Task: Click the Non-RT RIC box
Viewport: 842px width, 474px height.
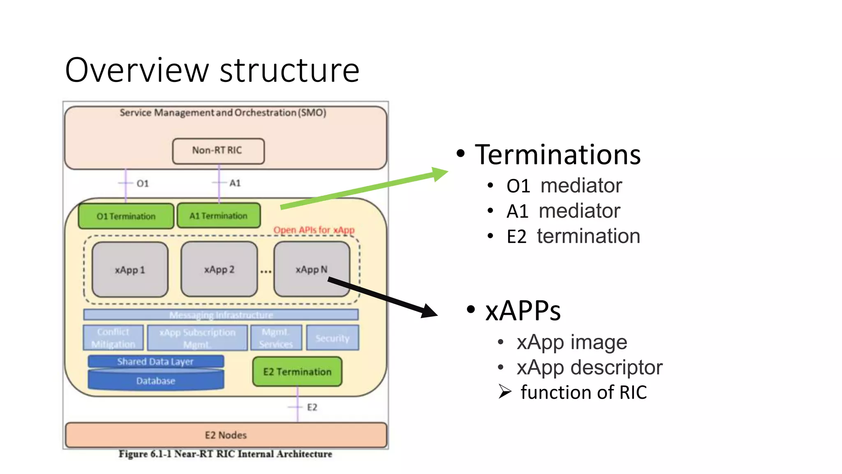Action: pyautogui.click(x=218, y=151)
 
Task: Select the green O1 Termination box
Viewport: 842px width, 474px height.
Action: pyautogui.click(x=126, y=216)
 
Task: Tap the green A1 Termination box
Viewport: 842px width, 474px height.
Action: pyautogui.click(x=218, y=216)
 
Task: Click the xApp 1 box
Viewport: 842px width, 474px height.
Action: pyautogui.click(x=130, y=270)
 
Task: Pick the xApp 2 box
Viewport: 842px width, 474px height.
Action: pyautogui.click(x=219, y=270)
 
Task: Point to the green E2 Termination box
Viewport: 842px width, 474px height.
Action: pyautogui.click(x=297, y=372)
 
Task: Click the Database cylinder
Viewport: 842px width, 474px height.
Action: pyautogui.click(x=156, y=381)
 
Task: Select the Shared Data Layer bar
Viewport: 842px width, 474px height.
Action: pyautogui.click(x=155, y=361)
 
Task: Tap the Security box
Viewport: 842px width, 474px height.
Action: pyautogui.click(x=332, y=338)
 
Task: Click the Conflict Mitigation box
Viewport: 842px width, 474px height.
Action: pyautogui.click(x=113, y=338)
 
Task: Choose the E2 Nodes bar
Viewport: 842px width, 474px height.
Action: pyautogui.click(x=226, y=435)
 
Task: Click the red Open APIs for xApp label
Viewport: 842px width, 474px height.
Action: pyautogui.click(x=314, y=230)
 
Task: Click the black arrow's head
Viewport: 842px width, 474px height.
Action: pyautogui.click(x=430, y=311)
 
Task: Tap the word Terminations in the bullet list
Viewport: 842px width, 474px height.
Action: pyautogui.click(x=557, y=155)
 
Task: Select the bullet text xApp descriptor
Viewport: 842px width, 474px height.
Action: pyautogui.click(x=589, y=367)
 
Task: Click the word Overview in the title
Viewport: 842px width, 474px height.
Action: pyautogui.click(x=137, y=70)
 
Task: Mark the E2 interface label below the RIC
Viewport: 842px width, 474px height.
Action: pyautogui.click(x=312, y=407)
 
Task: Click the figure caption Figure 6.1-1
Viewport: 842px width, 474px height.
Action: pyautogui.click(x=225, y=454)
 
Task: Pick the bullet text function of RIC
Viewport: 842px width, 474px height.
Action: pyautogui.click(x=583, y=392)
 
